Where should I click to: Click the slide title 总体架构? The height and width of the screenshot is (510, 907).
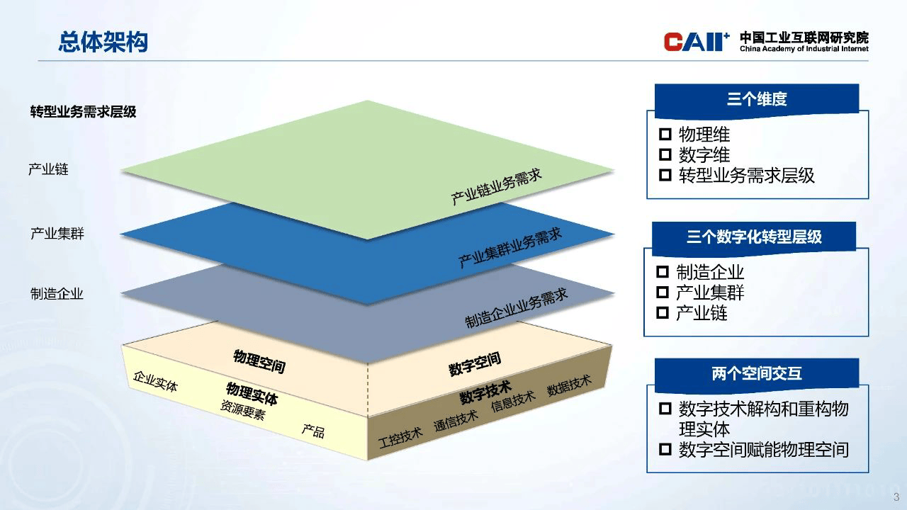(x=103, y=42)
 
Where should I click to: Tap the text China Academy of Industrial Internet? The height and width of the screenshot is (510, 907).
(x=804, y=49)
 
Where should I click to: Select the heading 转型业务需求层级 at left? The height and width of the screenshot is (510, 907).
(x=83, y=112)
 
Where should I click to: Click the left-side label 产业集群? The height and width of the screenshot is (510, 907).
(x=57, y=233)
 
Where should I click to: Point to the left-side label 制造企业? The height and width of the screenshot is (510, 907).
(x=57, y=293)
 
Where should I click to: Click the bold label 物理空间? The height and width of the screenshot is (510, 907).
(x=259, y=361)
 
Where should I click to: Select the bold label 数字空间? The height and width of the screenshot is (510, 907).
(x=475, y=364)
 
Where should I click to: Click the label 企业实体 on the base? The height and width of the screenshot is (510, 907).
(x=155, y=381)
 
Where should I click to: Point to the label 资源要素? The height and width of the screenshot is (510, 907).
(x=242, y=411)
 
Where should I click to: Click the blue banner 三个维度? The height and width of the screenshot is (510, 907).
(x=756, y=99)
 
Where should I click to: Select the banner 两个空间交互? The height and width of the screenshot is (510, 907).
(x=756, y=373)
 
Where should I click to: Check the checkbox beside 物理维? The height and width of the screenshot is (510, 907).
(x=665, y=135)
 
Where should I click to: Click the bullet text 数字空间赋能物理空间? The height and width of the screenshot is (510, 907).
(x=763, y=449)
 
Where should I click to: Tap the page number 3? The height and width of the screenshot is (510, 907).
(x=896, y=496)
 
